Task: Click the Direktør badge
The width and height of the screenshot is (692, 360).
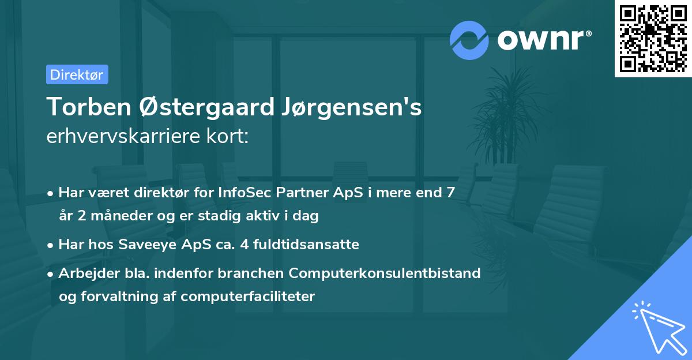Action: (77, 74)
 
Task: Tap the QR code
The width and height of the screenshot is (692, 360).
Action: (653, 38)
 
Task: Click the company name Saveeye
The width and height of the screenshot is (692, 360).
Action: (145, 245)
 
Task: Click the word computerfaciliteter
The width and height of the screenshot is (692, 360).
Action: (247, 297)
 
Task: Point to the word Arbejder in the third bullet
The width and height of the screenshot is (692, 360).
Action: (84, 273)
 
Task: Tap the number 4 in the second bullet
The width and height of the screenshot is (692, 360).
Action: (244, 245)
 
